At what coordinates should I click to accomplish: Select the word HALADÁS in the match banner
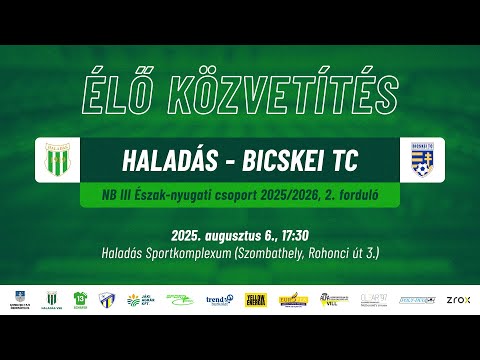pos(168,160)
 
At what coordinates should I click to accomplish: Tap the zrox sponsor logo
pos(459,299)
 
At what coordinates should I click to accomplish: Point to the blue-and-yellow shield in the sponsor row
pos(105,299)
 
